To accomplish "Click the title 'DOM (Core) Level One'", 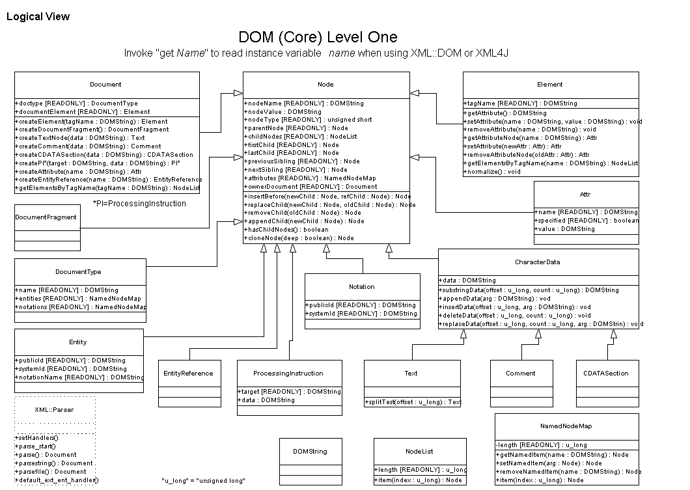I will click(318, 37).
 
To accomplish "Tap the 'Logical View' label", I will click(38, 16).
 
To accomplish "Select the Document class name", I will click(105, 85).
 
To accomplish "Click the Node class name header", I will click(325, 85).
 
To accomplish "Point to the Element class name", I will click(550, 85).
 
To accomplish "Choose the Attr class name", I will click(585, 195).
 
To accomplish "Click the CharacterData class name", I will click(538, 263).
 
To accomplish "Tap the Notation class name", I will click(362, 287).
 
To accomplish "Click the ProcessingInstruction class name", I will click(288, 374).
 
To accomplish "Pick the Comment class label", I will click(521, 374).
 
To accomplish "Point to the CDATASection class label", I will click(607, 374).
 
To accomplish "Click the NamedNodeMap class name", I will click(566, 427).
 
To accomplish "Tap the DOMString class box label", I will click(310, 451).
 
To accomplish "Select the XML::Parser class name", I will click(55, 410).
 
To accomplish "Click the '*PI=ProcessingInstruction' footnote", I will click(139, 204).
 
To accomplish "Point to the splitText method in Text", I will click(412, 402).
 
